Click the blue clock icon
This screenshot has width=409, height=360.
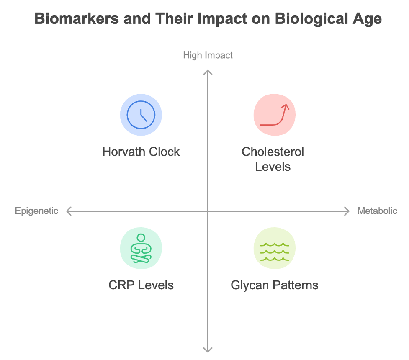[141, 115]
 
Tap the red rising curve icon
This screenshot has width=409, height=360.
[275, 115]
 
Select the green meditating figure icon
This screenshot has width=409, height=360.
[141, 248]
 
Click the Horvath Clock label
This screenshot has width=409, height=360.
[141, 152]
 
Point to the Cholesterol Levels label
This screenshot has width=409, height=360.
[273, 159]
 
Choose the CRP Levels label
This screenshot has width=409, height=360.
[141, 285]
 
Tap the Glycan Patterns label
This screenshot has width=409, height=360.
[275, 285]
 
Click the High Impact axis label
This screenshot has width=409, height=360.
[208, 55]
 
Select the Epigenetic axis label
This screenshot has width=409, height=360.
[37, 211]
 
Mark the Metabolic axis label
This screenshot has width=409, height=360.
[377, 211]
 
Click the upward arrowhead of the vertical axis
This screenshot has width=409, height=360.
[208, 72]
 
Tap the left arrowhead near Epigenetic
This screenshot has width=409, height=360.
[68, 211]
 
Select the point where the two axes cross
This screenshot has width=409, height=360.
[208, 211]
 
